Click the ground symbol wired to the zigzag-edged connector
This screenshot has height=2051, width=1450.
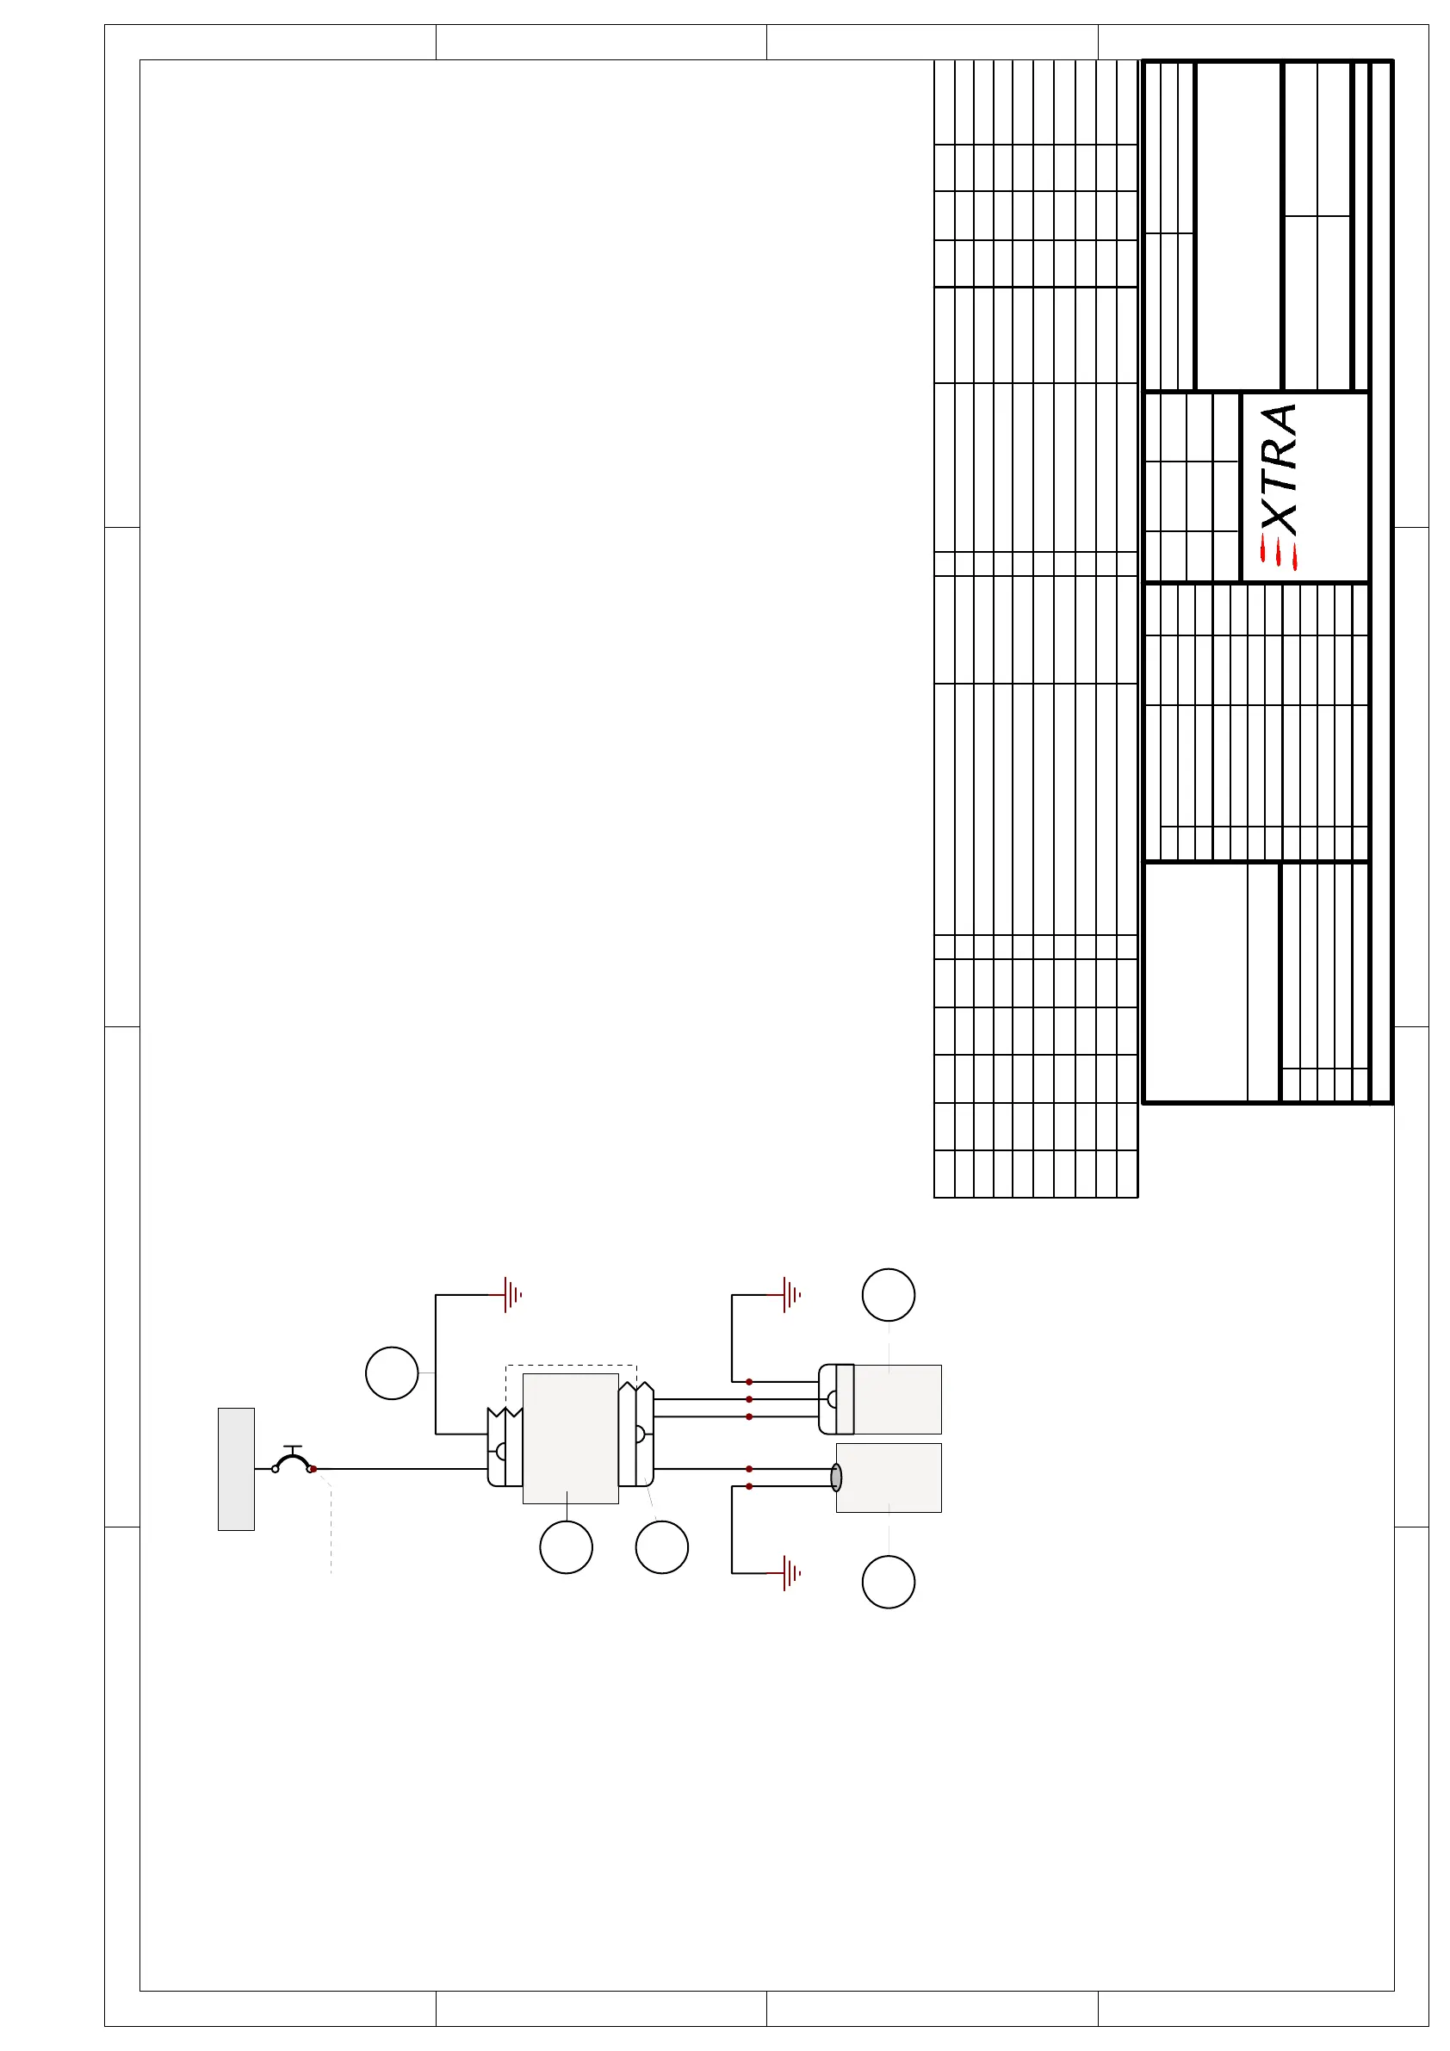(512, 1294)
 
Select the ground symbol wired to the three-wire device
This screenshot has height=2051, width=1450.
(791, 1294)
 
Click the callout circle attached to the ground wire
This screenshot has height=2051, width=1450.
(392, 1373)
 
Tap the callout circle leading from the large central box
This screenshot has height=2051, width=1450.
(567, 1547)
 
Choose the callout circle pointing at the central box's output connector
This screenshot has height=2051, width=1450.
(662, 1547)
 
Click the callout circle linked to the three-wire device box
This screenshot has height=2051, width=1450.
(889, 1294)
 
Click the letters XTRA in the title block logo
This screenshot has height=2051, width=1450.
(1279, 470)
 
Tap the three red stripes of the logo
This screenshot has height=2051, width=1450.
(1279, 553)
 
